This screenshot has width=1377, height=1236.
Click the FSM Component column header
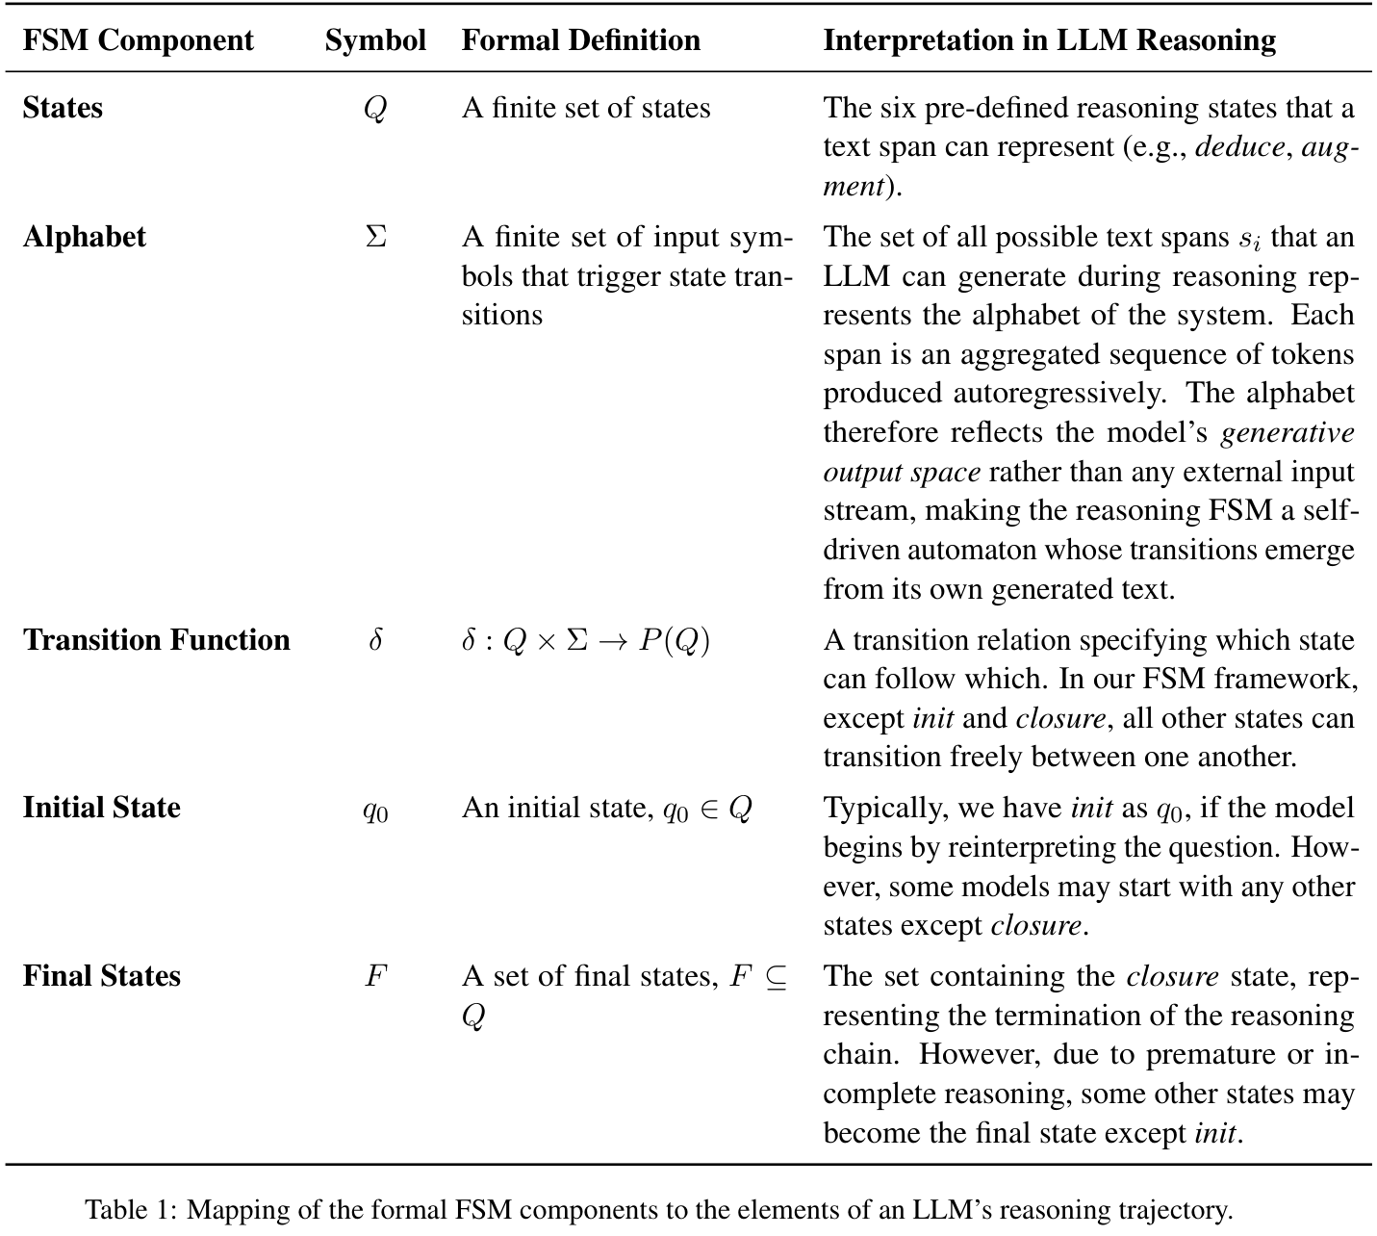[x=138, y=40]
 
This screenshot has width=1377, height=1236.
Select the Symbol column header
[x=375, y=40]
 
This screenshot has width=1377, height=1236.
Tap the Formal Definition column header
[x=580, y=40]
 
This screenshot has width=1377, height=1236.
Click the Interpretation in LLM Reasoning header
[x=1049, y=40]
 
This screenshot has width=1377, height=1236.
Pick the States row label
[x=63, y=108]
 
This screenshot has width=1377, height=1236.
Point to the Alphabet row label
[x=85, y=237]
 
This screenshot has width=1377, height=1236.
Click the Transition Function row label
[x=156, y=640]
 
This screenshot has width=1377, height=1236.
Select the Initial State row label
[x=101, y=807]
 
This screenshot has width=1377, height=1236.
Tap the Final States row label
[x=101, y=976]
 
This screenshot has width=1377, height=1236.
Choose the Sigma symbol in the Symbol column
[x=375, y=237]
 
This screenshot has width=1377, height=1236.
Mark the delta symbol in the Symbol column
[x=375, y=640]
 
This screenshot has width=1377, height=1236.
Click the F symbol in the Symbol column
[x=375, y=976]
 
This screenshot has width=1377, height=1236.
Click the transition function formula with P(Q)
[x=585, y=641]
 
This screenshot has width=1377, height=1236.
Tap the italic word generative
[x=1287, y=433]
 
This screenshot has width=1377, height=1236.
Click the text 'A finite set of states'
[x=585, y=108]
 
